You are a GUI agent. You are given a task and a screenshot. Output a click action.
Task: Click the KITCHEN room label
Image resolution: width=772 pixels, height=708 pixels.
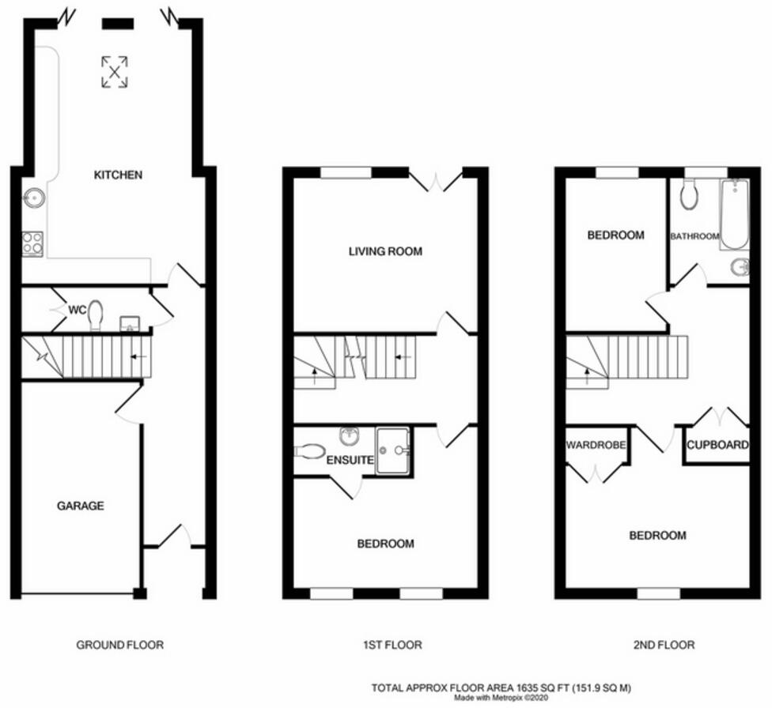(x=118, y=175)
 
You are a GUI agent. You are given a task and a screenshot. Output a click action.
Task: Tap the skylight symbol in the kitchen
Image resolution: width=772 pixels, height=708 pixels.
(x=116, y=72)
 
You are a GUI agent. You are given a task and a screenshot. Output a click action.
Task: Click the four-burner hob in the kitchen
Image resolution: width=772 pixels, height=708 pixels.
(x=32, y=243)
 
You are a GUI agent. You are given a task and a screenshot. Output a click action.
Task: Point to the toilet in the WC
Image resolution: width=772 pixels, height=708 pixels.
(x=96, y=314)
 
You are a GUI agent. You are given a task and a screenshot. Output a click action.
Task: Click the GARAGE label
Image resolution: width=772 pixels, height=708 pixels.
(x=80, y=506)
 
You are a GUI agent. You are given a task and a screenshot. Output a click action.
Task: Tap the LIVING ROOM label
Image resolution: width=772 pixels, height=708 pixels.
(x=385, y=251)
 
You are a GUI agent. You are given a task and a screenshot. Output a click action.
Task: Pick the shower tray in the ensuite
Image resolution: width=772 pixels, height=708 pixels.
(x=392, y=450)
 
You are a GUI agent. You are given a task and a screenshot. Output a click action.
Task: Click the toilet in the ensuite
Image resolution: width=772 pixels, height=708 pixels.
(x=310, y=451)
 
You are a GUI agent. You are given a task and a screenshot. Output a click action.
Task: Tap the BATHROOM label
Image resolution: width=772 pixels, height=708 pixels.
(x=694, y=236)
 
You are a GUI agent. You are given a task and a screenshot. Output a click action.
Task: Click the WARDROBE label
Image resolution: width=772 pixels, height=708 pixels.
(x=596, y=446)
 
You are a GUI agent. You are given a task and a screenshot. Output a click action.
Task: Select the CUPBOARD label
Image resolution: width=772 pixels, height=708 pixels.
(x=717, y=445)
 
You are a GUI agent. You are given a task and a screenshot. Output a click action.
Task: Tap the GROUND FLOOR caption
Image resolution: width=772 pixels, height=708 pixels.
(x=119, y=645)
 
